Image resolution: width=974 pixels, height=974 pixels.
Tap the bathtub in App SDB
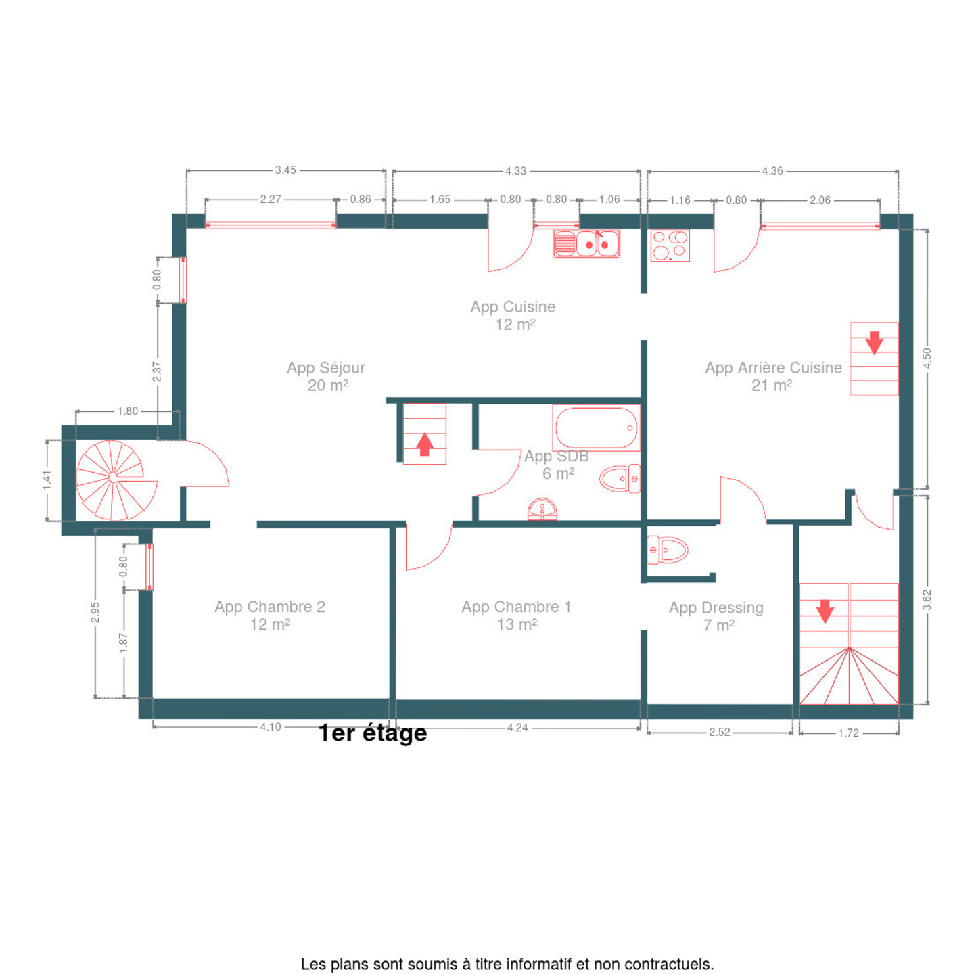click(x=596, y=427)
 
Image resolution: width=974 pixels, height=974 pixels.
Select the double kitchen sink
click(x=586, y=244)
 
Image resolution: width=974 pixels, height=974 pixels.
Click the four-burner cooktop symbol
click(x=670, y=246)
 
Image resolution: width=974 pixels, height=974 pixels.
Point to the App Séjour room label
click(x=326, y=377)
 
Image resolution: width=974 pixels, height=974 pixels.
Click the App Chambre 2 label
click(x=270, y=616)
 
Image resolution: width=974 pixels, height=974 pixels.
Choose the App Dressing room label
click(x=716, y=617)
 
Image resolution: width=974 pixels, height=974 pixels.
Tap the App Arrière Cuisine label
click(x=773, y=377)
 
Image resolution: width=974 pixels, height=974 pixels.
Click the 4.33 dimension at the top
click(x=515, y=171)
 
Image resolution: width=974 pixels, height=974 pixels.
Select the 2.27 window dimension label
click(x=271, y=199)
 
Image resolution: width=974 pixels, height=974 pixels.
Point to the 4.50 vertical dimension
click(x=927, y=358)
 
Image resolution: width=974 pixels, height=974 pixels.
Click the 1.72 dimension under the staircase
click(x=848, y=733)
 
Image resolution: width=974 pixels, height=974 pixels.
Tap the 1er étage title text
click(x=373, y=733)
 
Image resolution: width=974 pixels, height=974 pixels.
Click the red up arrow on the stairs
click(x=425, y=444)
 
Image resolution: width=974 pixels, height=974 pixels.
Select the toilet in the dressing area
click(x=667, y=550)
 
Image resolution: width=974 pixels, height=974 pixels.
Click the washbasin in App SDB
click(x=542, y=509)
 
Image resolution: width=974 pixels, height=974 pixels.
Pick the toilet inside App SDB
click(x=620, y=478)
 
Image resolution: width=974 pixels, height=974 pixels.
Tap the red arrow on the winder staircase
click(x=825, y=611)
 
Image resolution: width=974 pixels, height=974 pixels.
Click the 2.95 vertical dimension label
click(x=95, y=613)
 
